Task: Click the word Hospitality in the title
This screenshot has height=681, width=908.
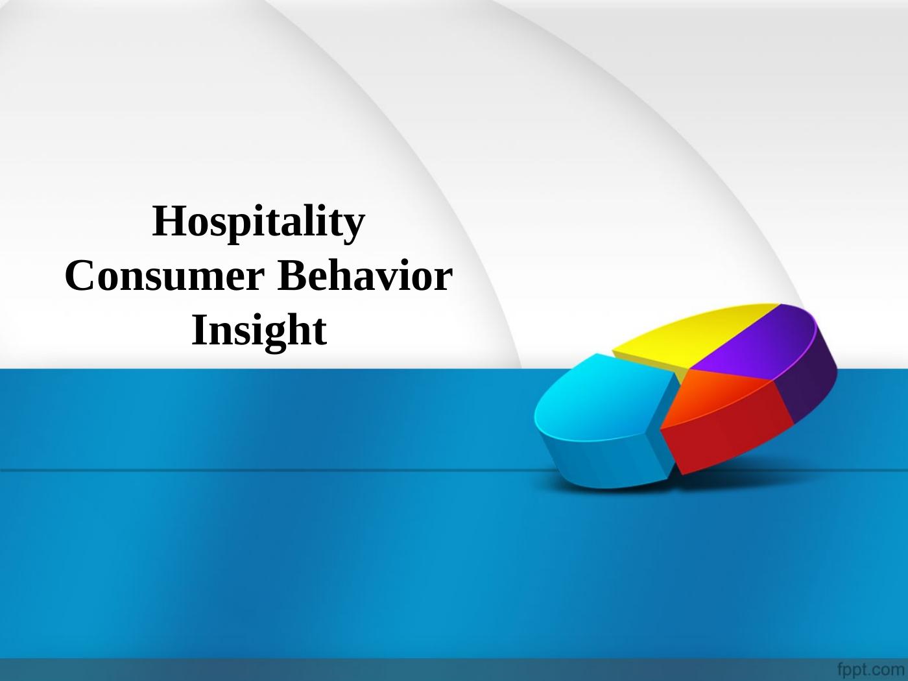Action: [x=259, y=222]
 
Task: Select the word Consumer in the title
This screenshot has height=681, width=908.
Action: [x=165, y=276]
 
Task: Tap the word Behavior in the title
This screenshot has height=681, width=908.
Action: [x=365, y=275]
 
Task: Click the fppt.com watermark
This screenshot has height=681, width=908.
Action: [x=871, y=669]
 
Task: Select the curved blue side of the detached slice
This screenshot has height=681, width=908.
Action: [x=600, y=461]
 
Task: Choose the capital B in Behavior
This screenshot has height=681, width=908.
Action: [x=293, y=275]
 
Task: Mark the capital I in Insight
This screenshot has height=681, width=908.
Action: [x=199, y=329]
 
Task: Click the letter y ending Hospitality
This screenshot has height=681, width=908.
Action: [x=353, y=230]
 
